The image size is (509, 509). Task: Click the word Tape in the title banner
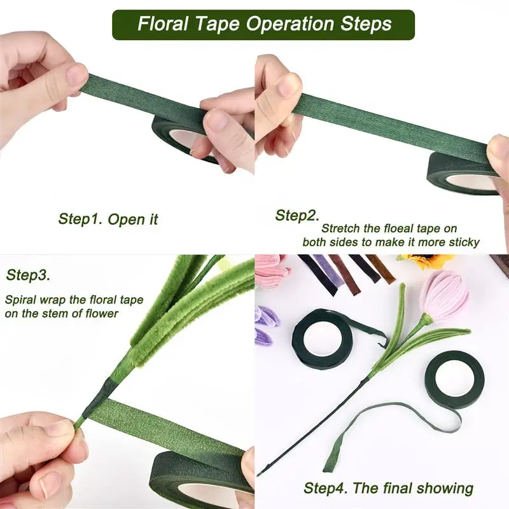[x=221, y=25]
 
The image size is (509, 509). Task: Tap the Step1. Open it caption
[x=108, y=220]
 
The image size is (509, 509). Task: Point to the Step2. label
[x=297, y=216]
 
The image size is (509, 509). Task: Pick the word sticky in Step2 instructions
[x=462, y=242]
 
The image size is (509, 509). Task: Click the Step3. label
[x=27, y=275]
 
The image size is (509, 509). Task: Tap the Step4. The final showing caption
[x=388, y=488]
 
